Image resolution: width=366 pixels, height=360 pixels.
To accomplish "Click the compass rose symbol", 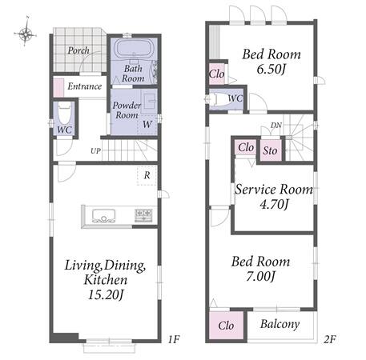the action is pos(26,33).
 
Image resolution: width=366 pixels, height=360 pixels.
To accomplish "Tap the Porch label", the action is pos(78,50).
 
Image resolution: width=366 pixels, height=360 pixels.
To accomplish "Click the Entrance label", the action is pos(85,86).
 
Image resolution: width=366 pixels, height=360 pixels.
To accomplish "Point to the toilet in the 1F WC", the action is pos(64,114).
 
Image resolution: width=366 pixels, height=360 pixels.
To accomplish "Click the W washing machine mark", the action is pos(147,124).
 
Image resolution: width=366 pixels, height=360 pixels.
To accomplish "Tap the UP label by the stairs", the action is pos(95,151).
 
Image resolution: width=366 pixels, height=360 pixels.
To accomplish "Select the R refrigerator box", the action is pos(147,175).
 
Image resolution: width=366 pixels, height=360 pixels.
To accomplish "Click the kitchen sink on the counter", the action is pos(103,216).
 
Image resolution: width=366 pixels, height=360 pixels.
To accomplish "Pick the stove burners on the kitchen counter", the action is pos(143,215).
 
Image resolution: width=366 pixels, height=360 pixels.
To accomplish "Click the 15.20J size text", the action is pos(106,294).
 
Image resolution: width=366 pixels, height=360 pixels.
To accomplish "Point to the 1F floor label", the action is pos(174,339).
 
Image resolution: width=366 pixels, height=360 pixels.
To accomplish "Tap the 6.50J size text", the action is pos(271,69).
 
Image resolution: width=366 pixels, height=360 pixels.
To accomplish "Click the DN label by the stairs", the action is pos(276,125).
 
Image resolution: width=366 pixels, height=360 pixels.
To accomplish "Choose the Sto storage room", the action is pos(270,150).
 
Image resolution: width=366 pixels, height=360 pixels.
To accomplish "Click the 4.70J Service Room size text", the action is pos(274,205).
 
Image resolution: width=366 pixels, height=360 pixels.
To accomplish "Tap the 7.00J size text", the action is pos(260,276).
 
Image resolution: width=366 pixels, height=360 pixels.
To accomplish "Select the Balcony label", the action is pos(280,324).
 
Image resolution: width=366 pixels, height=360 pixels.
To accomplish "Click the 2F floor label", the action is pos(330,339).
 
